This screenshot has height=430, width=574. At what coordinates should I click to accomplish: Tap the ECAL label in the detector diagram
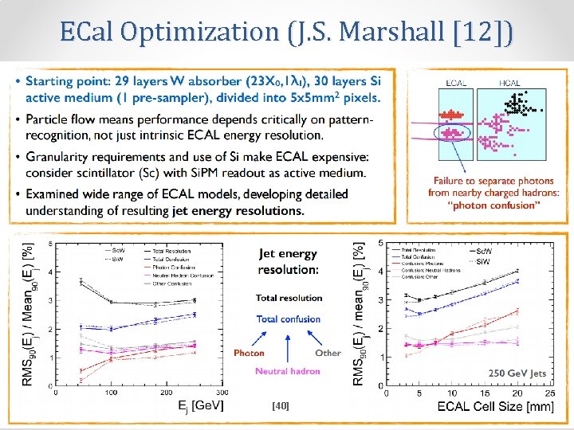[456, 83]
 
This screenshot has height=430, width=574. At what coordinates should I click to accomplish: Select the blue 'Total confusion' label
[289, 319]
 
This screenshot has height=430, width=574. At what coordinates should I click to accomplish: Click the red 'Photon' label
[250, 353]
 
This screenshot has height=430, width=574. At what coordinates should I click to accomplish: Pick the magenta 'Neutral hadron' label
[288, 371]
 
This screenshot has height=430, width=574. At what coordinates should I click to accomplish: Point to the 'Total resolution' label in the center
[289, 298]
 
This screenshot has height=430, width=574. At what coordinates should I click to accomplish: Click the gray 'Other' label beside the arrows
[328, 353]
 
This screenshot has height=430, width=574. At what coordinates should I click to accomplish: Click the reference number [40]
[280, 406]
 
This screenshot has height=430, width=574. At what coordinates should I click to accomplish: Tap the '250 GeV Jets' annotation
[517, 372]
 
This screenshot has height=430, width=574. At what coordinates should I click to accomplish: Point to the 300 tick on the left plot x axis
[221, 393]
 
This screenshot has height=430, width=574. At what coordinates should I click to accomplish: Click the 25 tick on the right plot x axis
[548, 393]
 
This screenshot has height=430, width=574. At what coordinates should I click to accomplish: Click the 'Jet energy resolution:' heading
[287, 261]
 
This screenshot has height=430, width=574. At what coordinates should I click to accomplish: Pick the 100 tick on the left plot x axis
[109, 393]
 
